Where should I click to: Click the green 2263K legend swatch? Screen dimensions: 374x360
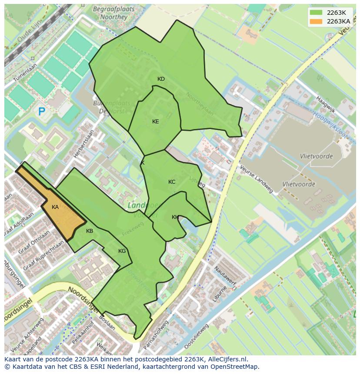[x=316, y=13]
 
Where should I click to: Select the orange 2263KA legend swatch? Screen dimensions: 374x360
[x=316, y=21]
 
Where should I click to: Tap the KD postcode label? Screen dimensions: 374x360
[x=161, y=79]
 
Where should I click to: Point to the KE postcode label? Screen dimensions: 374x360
[x=155, y=122]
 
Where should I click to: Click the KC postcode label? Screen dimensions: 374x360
[x=172, y=182]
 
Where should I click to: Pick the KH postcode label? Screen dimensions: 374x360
[x=175, y=217]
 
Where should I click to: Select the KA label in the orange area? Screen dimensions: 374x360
[x=55, y=207]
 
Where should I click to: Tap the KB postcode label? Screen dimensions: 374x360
[x=90, y=231]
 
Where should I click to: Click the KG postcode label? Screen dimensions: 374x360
[x=122, y=251]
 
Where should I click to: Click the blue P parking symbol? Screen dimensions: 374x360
[x=42, y=112]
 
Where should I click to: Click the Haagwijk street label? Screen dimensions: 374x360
[x=326, y=105]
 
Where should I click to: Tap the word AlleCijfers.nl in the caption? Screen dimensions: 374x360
[x=227, y=360]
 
